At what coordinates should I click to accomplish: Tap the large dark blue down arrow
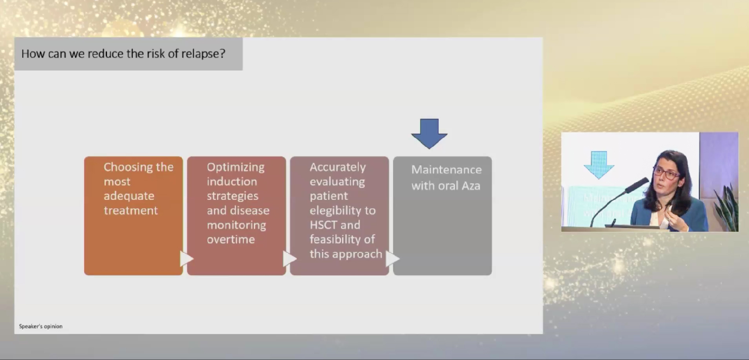pyautogui.click(x=429, y=133)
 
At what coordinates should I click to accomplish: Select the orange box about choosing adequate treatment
pyautogui.click(x=133, y=216)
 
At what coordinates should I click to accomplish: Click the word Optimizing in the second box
pyautogui.click(x=236, y=167)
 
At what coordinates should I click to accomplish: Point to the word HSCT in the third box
pyautogui.click(x=323, y=225)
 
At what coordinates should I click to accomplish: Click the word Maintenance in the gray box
pyautogui.click(x=447, y=170)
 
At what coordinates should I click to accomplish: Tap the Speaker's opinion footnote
pyautogui.click(x=41, y=326)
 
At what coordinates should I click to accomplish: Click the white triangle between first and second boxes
pyautogui.click(x=186, y=259)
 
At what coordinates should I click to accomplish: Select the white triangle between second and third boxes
pyautogui.click(x=289, y=259)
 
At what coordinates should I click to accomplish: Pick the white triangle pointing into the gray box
pyautogui.click(x=392, y=259)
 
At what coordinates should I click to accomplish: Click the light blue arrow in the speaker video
pyautogui.click(x=599, y=165)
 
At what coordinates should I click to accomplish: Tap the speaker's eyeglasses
pyautogui.click(x=667, y=172)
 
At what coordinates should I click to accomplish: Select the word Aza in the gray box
pyautogui.click(x=471, y=186)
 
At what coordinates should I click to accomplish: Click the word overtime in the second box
pyautogui.click(x=231, y=239)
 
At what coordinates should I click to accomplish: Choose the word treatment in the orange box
pyautogui.click(x=131, y=211)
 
